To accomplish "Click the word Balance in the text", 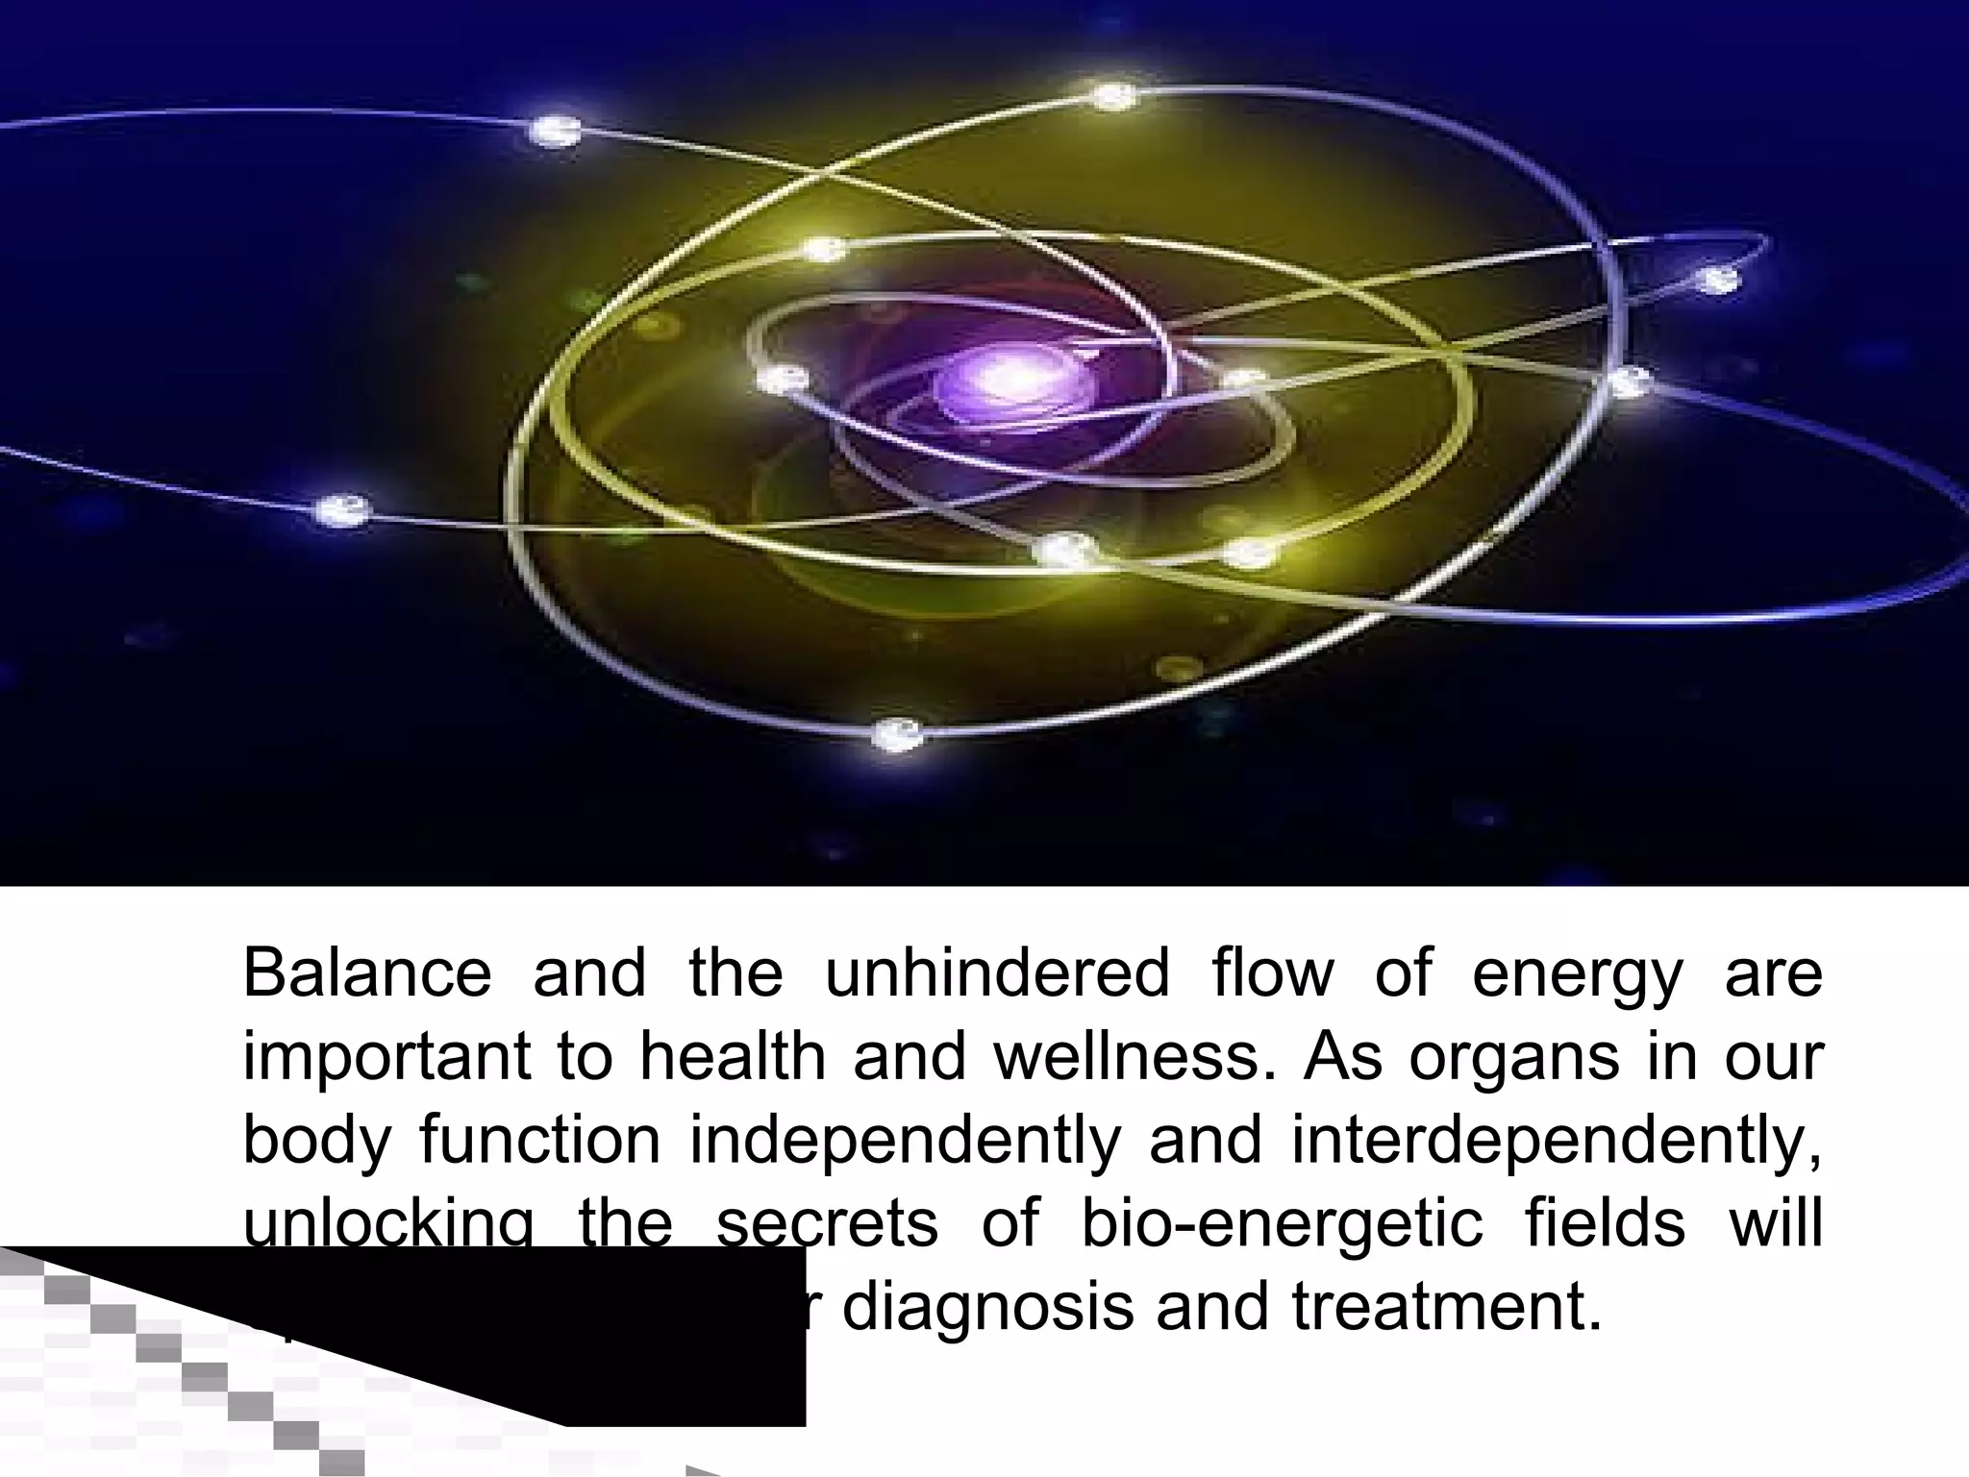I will [x=366, y=972].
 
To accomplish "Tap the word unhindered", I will [x=997, y=972].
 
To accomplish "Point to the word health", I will [x=733, y=1056].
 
